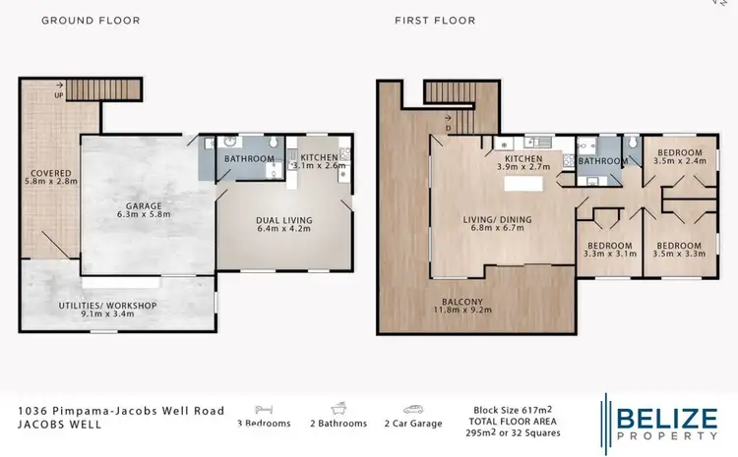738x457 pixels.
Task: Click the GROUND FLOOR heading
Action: click(x=91, y=21)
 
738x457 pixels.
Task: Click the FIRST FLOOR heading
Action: click(x=435, y=21)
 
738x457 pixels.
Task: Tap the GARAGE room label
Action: click(x=142, y=206)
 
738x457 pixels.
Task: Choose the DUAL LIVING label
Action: click(x=283, y=220)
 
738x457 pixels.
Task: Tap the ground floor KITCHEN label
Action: click(x=319, y=157)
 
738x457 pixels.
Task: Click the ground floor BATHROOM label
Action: click(x=248, y=158)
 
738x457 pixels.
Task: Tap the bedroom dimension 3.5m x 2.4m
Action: click(x=680, y=163)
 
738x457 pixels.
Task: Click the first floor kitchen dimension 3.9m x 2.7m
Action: click(x=524, y=168)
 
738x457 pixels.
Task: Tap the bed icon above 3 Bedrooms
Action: click(x=264, y=408)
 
